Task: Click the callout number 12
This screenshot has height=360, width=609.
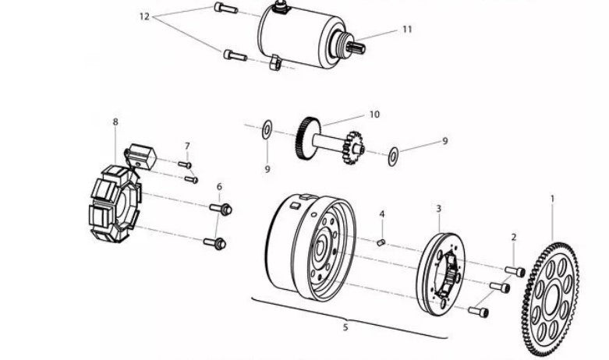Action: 144,16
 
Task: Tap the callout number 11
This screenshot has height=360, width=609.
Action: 406,29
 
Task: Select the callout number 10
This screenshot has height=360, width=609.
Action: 374,115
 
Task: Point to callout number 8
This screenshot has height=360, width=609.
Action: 115,122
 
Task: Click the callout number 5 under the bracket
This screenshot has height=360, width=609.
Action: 345,327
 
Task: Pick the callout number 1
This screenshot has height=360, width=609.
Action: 552,199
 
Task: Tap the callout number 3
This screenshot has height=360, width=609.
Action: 438,209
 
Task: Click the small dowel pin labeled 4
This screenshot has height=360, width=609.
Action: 381,243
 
